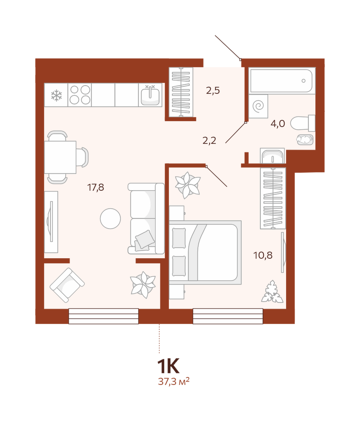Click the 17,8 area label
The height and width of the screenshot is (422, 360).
pos(96,187)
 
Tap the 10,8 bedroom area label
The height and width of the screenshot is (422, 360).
pos(263,255)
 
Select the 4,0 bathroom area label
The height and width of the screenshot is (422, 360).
pos(278,124)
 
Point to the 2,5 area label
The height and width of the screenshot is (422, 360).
pos(213,91)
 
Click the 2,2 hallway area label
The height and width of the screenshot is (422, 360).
pos(209,141)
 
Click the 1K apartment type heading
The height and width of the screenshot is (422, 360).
pos(168,366)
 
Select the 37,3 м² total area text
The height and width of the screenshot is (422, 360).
pos(174,381)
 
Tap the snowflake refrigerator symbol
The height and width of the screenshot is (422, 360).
pos(56,96)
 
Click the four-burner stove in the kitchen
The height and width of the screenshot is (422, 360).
pos(80,95)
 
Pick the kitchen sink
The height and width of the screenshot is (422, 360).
pos(150,95)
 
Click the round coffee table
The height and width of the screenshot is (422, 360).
pos(110,218)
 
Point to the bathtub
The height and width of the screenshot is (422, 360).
pos(282,81)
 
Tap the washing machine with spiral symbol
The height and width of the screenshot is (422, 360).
pos(258,106)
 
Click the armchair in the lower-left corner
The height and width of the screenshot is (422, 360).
pos(67,285)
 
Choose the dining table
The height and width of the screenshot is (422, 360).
pos(60,157)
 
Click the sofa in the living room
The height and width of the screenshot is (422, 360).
pos(146,218)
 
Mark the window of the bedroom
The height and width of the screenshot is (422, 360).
pos(228,316)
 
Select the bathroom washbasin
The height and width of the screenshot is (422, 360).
pos(272,156)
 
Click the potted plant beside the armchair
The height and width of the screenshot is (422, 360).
pos(143,285)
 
